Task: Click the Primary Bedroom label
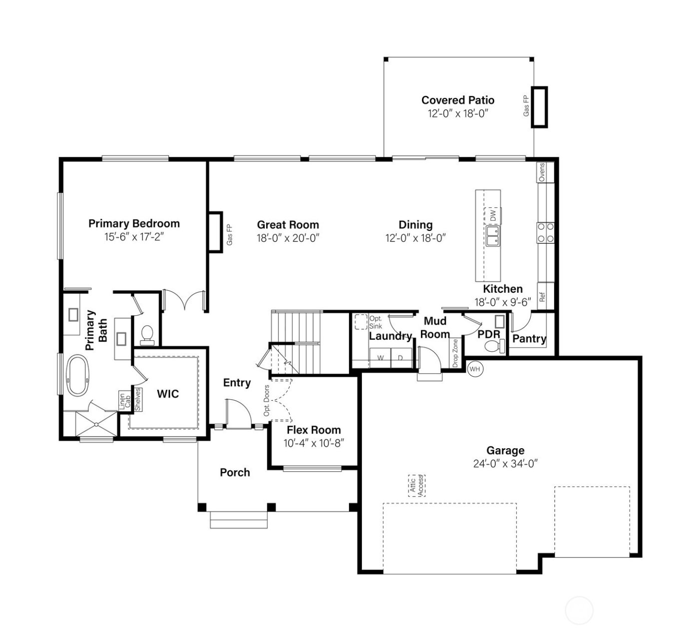[134, 223]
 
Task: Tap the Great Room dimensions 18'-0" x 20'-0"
[288, 238]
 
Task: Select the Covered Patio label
[457, 100]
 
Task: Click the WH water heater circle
[475, 369]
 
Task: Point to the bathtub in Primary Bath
[78, 375]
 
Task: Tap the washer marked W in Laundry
[380, 358]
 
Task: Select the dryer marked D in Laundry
[400, 358]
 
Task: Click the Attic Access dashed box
[416, 485]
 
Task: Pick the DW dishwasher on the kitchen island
[493, 216]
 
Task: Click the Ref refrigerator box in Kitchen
[543, 297]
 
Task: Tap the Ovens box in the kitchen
[542, 172]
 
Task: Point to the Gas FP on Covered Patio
[539, 107]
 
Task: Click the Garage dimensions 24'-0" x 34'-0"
[505, 464]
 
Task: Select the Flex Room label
[314, 430]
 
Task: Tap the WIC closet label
[168, 394]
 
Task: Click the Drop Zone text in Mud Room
[455, 353]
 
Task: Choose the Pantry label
[529, 339]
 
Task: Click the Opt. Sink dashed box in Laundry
[361, 322]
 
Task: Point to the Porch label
[235, 472]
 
